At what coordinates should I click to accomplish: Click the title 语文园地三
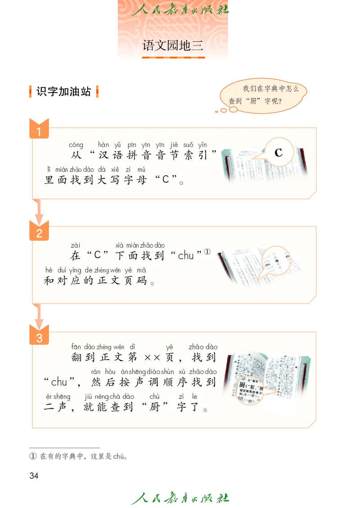click(x=173, y=45)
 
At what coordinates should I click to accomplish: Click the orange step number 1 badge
click(x=39, y=131)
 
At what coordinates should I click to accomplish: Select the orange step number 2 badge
click(x=39, y=232)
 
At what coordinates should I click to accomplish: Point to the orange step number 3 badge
click(x=39, y=337)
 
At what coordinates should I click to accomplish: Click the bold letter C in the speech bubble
click(x=279, y=153)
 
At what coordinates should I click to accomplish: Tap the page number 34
click(x=34, y=476)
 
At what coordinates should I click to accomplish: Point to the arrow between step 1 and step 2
click(x=39, y=211)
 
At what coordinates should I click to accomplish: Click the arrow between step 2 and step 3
click(x=39, y=316)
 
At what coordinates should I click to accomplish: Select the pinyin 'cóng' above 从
click(x=76, y=145)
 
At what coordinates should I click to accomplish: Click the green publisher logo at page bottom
click(x=180, y=497)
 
